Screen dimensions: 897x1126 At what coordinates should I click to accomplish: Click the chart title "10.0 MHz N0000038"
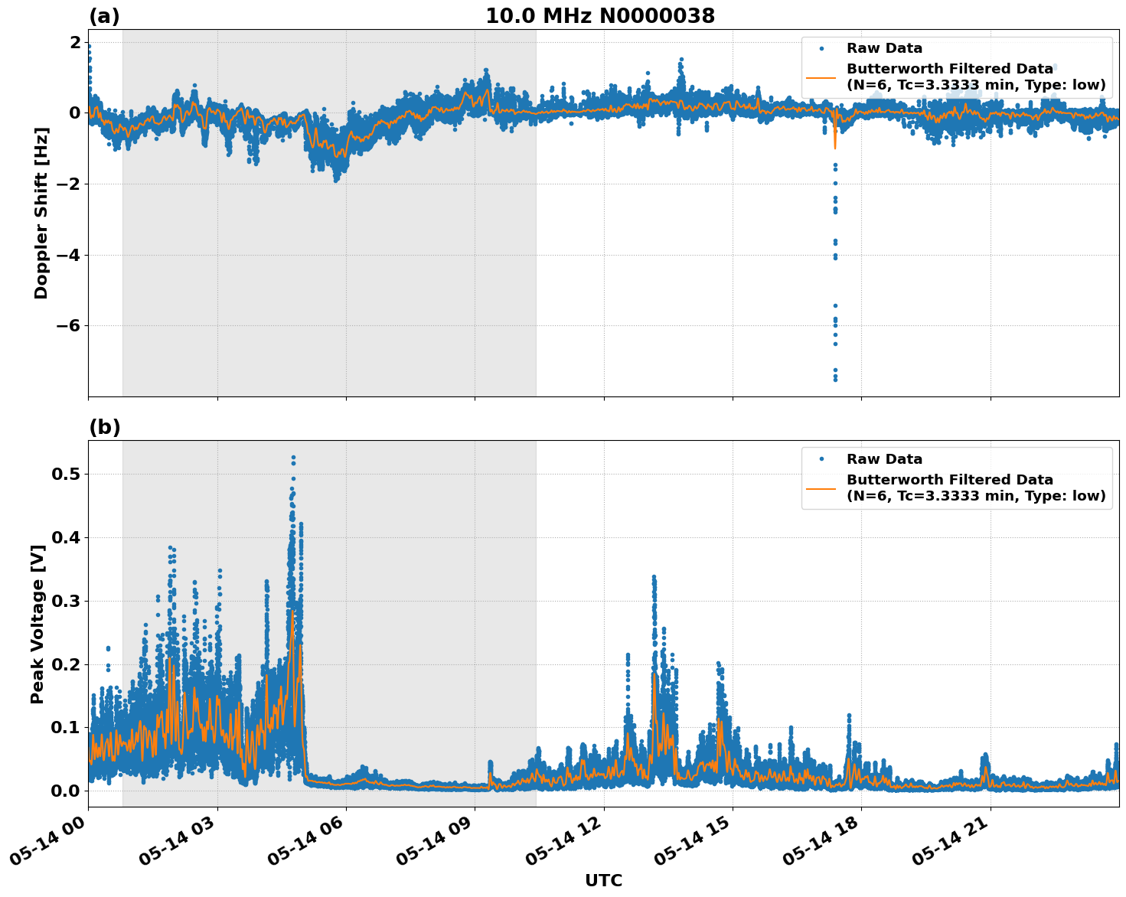click(600, 16)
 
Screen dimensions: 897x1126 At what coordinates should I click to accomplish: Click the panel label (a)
click(104, 16)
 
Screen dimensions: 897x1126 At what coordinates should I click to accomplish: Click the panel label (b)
click(104, 427)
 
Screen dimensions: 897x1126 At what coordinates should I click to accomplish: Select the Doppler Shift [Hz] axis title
click(41, 213)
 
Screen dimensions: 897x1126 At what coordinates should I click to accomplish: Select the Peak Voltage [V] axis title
click(38, 624)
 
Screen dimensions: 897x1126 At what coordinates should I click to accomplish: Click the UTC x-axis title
click(603, 880)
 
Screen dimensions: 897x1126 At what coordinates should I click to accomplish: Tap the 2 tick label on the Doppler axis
click(75, 42)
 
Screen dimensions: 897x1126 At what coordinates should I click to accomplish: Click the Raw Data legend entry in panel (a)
click(884, 49)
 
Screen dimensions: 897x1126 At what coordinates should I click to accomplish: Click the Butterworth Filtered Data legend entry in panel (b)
click(975, 488)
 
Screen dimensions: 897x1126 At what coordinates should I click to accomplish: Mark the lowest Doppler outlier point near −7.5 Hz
click(835, 379)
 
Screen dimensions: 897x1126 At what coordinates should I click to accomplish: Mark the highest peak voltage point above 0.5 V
click(293, 458)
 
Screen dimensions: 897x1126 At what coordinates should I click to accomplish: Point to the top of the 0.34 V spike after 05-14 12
click(654, 576)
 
